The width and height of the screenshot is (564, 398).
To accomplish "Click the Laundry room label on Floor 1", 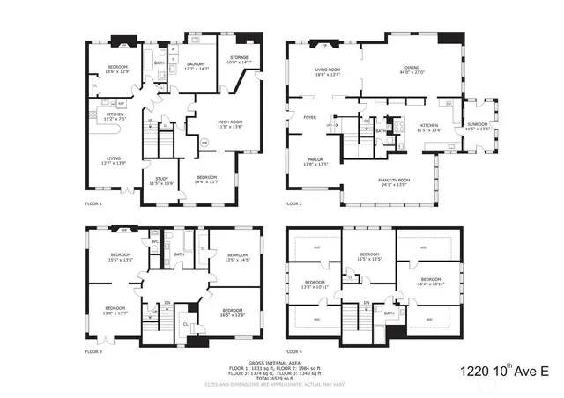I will coord(196,66).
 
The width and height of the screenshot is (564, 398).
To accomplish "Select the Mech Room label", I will coord(205,124).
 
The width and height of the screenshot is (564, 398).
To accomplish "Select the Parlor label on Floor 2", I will coord(315,162).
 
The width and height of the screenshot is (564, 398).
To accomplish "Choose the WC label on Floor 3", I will coord(154,241).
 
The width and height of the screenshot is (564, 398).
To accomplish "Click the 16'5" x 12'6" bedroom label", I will coord(233,312).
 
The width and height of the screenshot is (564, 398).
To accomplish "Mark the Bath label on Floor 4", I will coord(389,313).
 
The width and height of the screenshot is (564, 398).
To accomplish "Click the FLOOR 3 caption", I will coord(94,351).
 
